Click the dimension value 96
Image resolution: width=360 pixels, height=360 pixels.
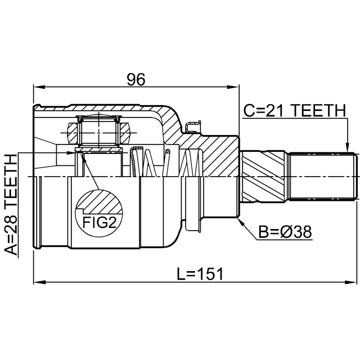tap(136, 79)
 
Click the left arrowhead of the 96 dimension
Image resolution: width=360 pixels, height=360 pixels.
tap(37, 87)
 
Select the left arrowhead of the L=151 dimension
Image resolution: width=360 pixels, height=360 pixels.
tap(37, 281)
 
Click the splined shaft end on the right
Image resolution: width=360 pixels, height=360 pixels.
tap(323, 175)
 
